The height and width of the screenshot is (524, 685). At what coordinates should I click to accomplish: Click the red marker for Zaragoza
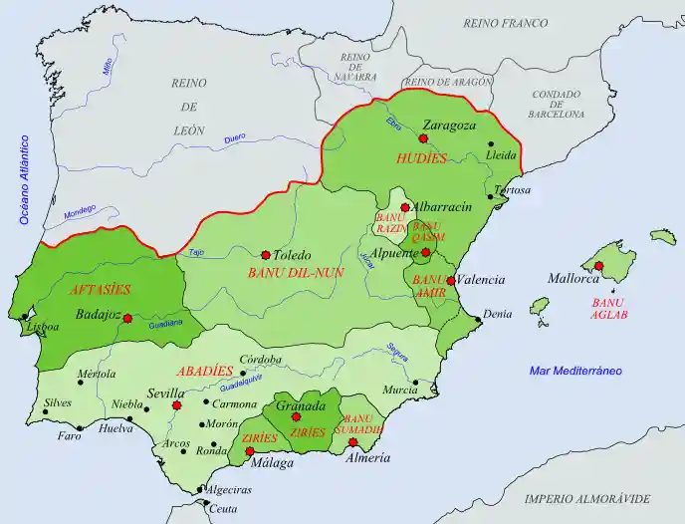pos(424,139)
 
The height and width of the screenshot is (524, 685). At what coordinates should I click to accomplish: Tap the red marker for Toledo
pos(265,255)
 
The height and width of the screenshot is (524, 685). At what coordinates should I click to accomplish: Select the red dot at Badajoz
pos(127,318)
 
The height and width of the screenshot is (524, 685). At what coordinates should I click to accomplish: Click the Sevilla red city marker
pos(176,405)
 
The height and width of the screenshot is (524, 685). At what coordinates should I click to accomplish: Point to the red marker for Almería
pos(353,441)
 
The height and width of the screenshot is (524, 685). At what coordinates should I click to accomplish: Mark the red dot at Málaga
pos(249,451)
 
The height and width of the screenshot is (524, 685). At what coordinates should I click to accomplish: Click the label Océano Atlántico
pos(23,178)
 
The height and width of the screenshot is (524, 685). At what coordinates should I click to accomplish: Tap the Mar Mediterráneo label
pos(574,371)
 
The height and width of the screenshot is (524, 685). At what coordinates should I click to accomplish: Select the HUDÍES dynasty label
pos(421,157)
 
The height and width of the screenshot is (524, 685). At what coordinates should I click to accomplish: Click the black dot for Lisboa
pos(25,318)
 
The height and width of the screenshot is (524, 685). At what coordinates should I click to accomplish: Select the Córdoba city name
pos(261,359)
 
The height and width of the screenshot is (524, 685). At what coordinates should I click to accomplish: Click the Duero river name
pos(234,137)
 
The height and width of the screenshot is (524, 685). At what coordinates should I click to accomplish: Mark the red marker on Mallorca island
pos(600,266)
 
